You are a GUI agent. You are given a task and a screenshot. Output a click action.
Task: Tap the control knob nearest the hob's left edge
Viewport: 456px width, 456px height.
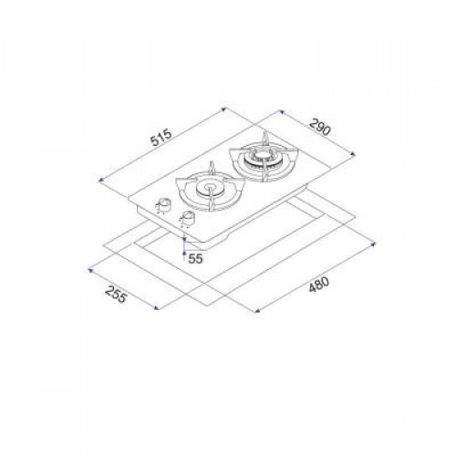click(166, 204)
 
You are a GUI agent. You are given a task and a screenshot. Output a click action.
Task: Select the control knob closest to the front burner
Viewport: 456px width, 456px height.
click(189, 218)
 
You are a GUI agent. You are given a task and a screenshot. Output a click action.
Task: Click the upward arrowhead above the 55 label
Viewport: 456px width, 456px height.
click(185, 240)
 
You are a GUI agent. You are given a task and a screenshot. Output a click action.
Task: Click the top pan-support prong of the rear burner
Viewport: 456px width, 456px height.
click(265, 138)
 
